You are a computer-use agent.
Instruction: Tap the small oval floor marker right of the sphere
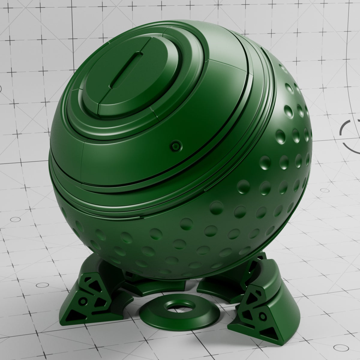click(325, 190)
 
